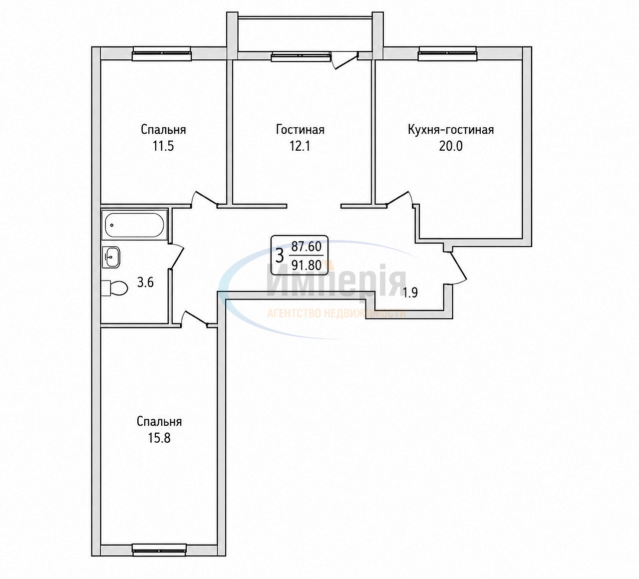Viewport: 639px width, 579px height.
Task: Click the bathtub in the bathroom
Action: (x=134, y=225)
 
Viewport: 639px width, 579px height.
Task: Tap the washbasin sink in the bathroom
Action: (x=111, y=257)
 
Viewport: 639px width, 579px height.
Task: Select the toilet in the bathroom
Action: (x=115, y=288)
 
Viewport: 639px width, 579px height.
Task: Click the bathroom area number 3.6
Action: (x=145, y=282)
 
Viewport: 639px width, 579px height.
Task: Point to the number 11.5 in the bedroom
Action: (x=163, y=146)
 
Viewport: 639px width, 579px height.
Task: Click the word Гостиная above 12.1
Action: (x=300, y=130)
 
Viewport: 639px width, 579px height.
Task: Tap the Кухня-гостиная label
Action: (x=451, y=130)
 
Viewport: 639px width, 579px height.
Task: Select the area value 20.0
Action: (x=451, y=146)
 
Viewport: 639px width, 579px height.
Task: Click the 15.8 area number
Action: (x=159, y=438)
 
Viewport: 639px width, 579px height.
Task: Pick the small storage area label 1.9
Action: (x=410, y=292)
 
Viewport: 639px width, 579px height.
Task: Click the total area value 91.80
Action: (x=307, y=265)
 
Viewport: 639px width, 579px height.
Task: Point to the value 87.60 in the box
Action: (x=307, y=247)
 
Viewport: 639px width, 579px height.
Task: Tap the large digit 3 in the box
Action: (x=280, y=256)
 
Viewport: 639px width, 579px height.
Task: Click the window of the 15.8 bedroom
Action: (x=159, y=550)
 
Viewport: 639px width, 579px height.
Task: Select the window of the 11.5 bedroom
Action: (x=162, y=53)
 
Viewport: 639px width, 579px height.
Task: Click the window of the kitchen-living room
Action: (x=447, y=53)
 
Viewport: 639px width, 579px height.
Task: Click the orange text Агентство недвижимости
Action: (x=336, y=313)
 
